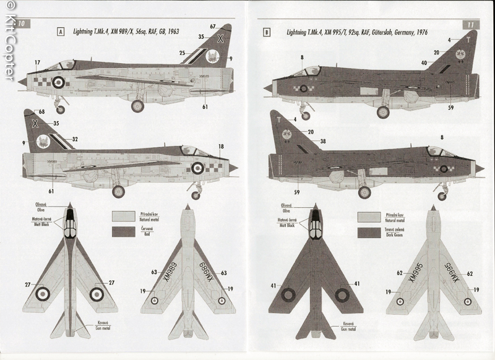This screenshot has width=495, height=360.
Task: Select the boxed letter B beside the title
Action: (267, 32)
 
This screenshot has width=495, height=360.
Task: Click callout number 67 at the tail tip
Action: (213, 26)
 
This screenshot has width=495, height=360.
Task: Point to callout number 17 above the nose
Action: (37, 62)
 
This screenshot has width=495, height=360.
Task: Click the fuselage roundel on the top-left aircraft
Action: (58, 81)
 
